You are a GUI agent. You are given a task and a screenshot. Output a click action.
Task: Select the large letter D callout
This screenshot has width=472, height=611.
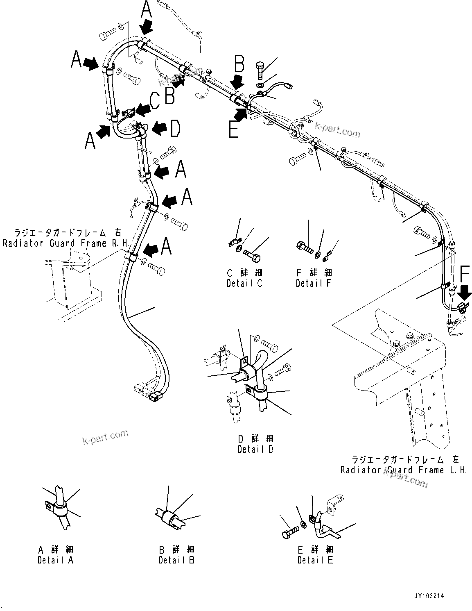(x=175, y=128)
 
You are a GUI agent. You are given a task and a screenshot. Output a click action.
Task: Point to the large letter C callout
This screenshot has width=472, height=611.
(x=154, y=100)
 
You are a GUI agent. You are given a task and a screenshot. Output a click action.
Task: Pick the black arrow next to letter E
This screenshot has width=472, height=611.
(x=241, y=112)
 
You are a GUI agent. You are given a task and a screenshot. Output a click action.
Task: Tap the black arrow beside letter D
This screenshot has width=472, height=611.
(x=160, y=128)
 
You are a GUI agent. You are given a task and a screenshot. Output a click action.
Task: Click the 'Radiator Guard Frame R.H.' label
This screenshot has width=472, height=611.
(x=61, y=238)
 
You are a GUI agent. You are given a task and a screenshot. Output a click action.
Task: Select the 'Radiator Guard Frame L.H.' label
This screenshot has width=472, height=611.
(x=403, y=464)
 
